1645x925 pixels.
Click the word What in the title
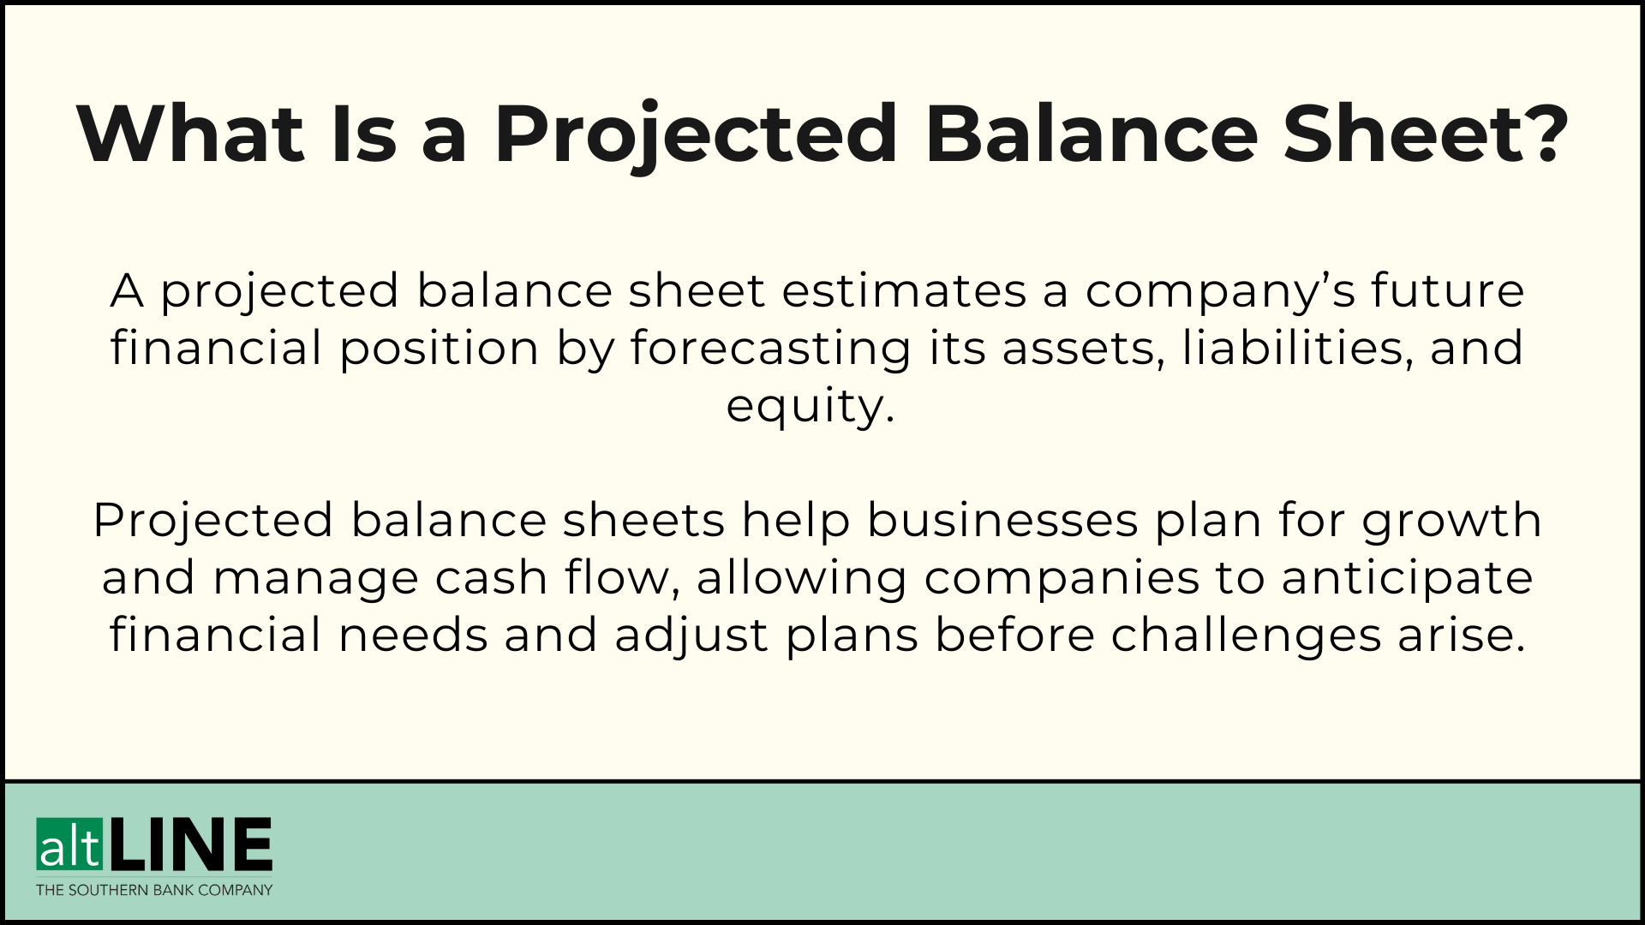[x=190, y=134]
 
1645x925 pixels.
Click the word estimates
[x=904, y=290]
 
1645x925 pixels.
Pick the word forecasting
[x=770, y=348]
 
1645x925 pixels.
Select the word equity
[x=810, y=406]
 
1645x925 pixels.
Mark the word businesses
[x=1002, y=521]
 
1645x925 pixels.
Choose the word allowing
[x=801, y=578]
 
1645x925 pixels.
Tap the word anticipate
[x=1407, y=578]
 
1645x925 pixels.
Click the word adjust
[x=691, y=636]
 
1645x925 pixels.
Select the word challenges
[x=1246, y=636]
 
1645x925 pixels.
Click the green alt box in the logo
[x=69, y=844]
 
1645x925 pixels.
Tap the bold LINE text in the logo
[x=190, y=844]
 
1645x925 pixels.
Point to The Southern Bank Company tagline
[x=154, y=890]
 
